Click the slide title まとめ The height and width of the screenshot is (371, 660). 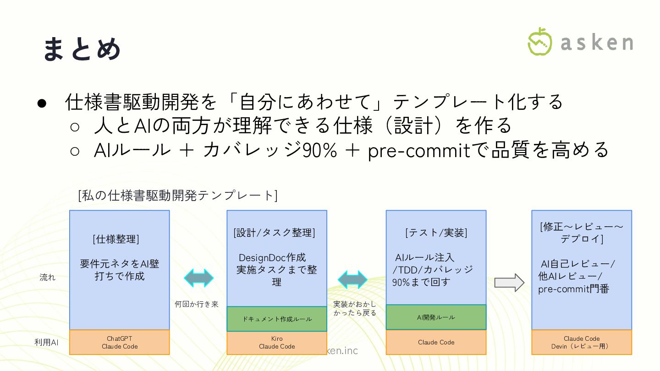[82, 49]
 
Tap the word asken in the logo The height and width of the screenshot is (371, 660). [597, 43]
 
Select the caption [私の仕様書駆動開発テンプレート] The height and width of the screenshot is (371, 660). [178, 196]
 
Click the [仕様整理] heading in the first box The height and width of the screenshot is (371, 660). [116, 239]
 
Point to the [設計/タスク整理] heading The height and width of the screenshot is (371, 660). [275, 232]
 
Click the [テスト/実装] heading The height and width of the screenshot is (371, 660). [436, 233]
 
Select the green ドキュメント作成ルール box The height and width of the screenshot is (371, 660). [277, 319]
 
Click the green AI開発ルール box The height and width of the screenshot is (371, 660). [436, 317]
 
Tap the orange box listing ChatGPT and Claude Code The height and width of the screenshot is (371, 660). [120, 343]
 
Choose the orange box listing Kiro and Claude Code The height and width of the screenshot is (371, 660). [277, 343]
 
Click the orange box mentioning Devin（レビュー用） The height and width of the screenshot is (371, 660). [582, 343]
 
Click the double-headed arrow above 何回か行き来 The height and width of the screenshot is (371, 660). [198, 278]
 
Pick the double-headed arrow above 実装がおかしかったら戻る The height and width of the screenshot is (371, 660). [352, 279]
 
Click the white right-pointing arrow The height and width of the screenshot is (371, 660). [509, 283]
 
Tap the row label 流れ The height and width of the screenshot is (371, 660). [47, 277]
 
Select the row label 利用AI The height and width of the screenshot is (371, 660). [46, 342]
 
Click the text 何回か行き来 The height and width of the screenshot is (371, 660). [197, 304]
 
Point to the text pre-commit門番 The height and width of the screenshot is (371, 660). [573, 289]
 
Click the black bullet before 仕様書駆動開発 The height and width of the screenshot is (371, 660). [42, 103]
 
